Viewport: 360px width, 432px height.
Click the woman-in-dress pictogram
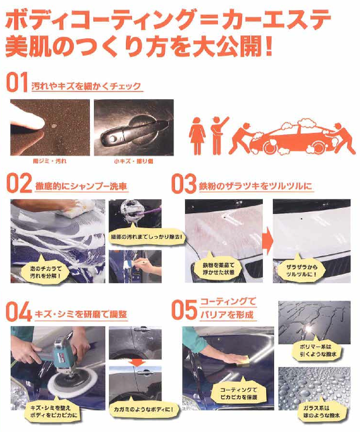pyautogui.click(x=197, y=137)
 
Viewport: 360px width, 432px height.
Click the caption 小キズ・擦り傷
pyautogui.click(x=133, y=162)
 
